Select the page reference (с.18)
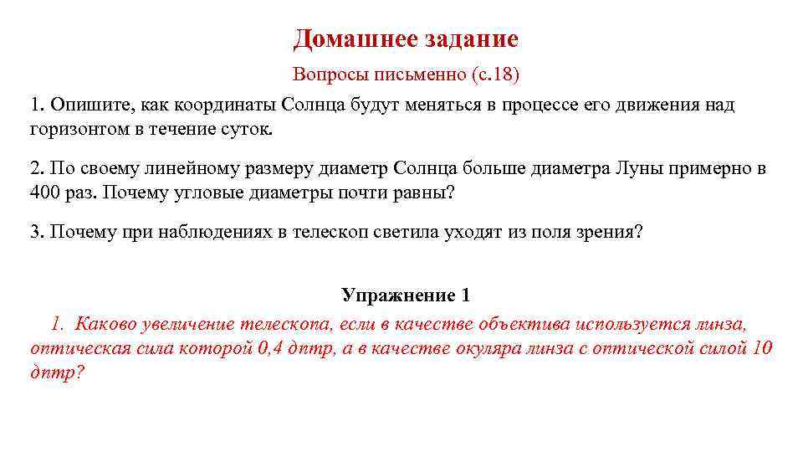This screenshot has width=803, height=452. [x=495, y=74]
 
